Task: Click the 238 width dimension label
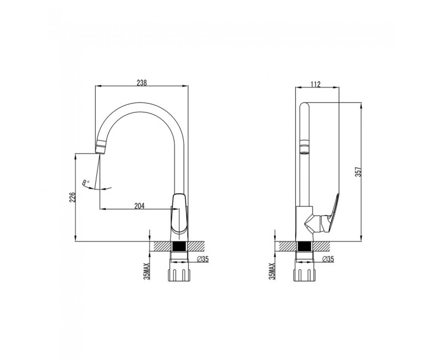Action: [x=142, y=83]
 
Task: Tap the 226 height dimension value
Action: [x=72, y=197]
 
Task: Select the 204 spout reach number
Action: [x=139, y=205]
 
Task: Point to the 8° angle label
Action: [x=86, y=182]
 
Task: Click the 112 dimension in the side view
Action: [x=316, y=84]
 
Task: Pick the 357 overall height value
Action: [x=358, y=172]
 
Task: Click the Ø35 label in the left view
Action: [x=203, y=259]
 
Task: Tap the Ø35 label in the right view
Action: [x=328, y=259]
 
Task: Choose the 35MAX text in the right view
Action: [x=272, y=271]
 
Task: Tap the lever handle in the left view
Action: [x=179, y=213]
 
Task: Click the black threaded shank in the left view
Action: [x=179, y=246]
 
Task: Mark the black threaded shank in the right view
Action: [x=305, y=246]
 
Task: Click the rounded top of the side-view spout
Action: [x=305, y=105]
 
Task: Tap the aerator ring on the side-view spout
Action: [x=305, y=146]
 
